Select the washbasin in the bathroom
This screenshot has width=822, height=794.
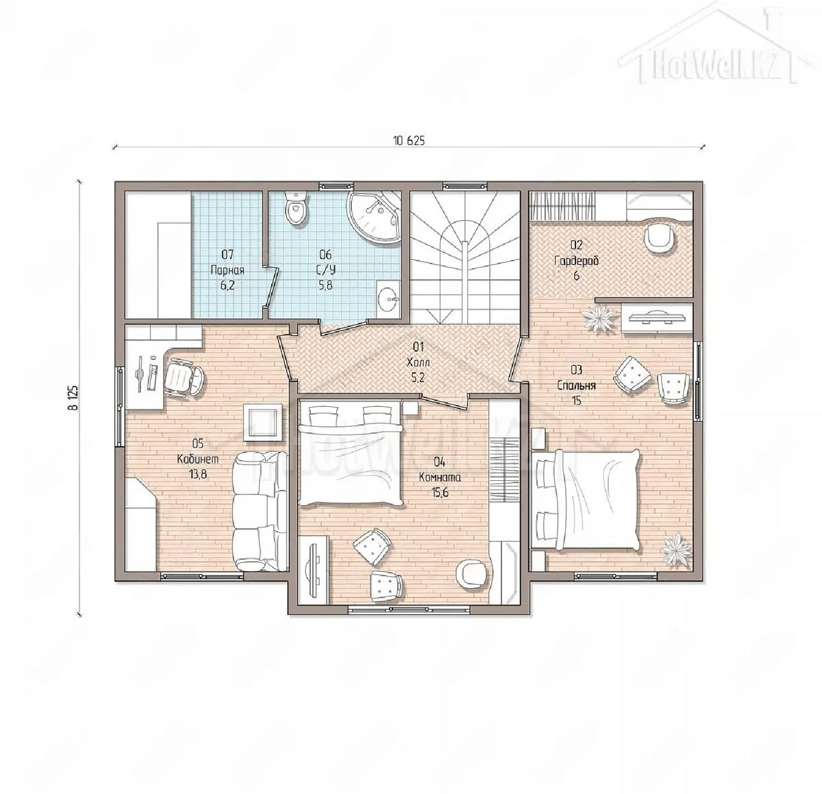(388, 297)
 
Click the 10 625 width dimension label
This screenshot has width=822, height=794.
(409, 141)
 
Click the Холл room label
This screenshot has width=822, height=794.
(418, 362)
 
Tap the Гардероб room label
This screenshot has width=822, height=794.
(576, 261)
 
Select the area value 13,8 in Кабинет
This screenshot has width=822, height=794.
(198, 474)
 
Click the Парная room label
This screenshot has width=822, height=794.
(227, 270)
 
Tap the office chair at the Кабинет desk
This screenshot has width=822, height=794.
(184, 378)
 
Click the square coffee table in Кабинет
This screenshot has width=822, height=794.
(262, 422)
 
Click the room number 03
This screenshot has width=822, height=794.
(576, 370)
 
